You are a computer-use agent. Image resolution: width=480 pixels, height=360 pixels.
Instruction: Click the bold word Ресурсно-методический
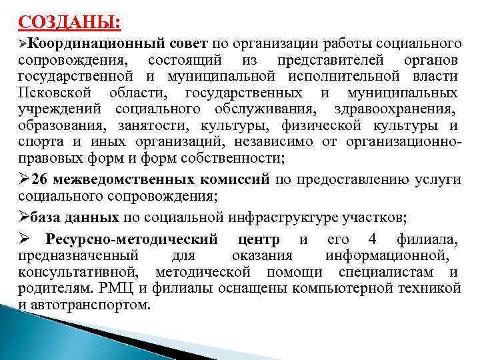point(131,240)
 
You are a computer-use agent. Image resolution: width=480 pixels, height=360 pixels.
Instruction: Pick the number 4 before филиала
point(372,240)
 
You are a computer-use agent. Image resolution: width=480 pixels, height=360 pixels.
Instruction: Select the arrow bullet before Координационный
point(24,45)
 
